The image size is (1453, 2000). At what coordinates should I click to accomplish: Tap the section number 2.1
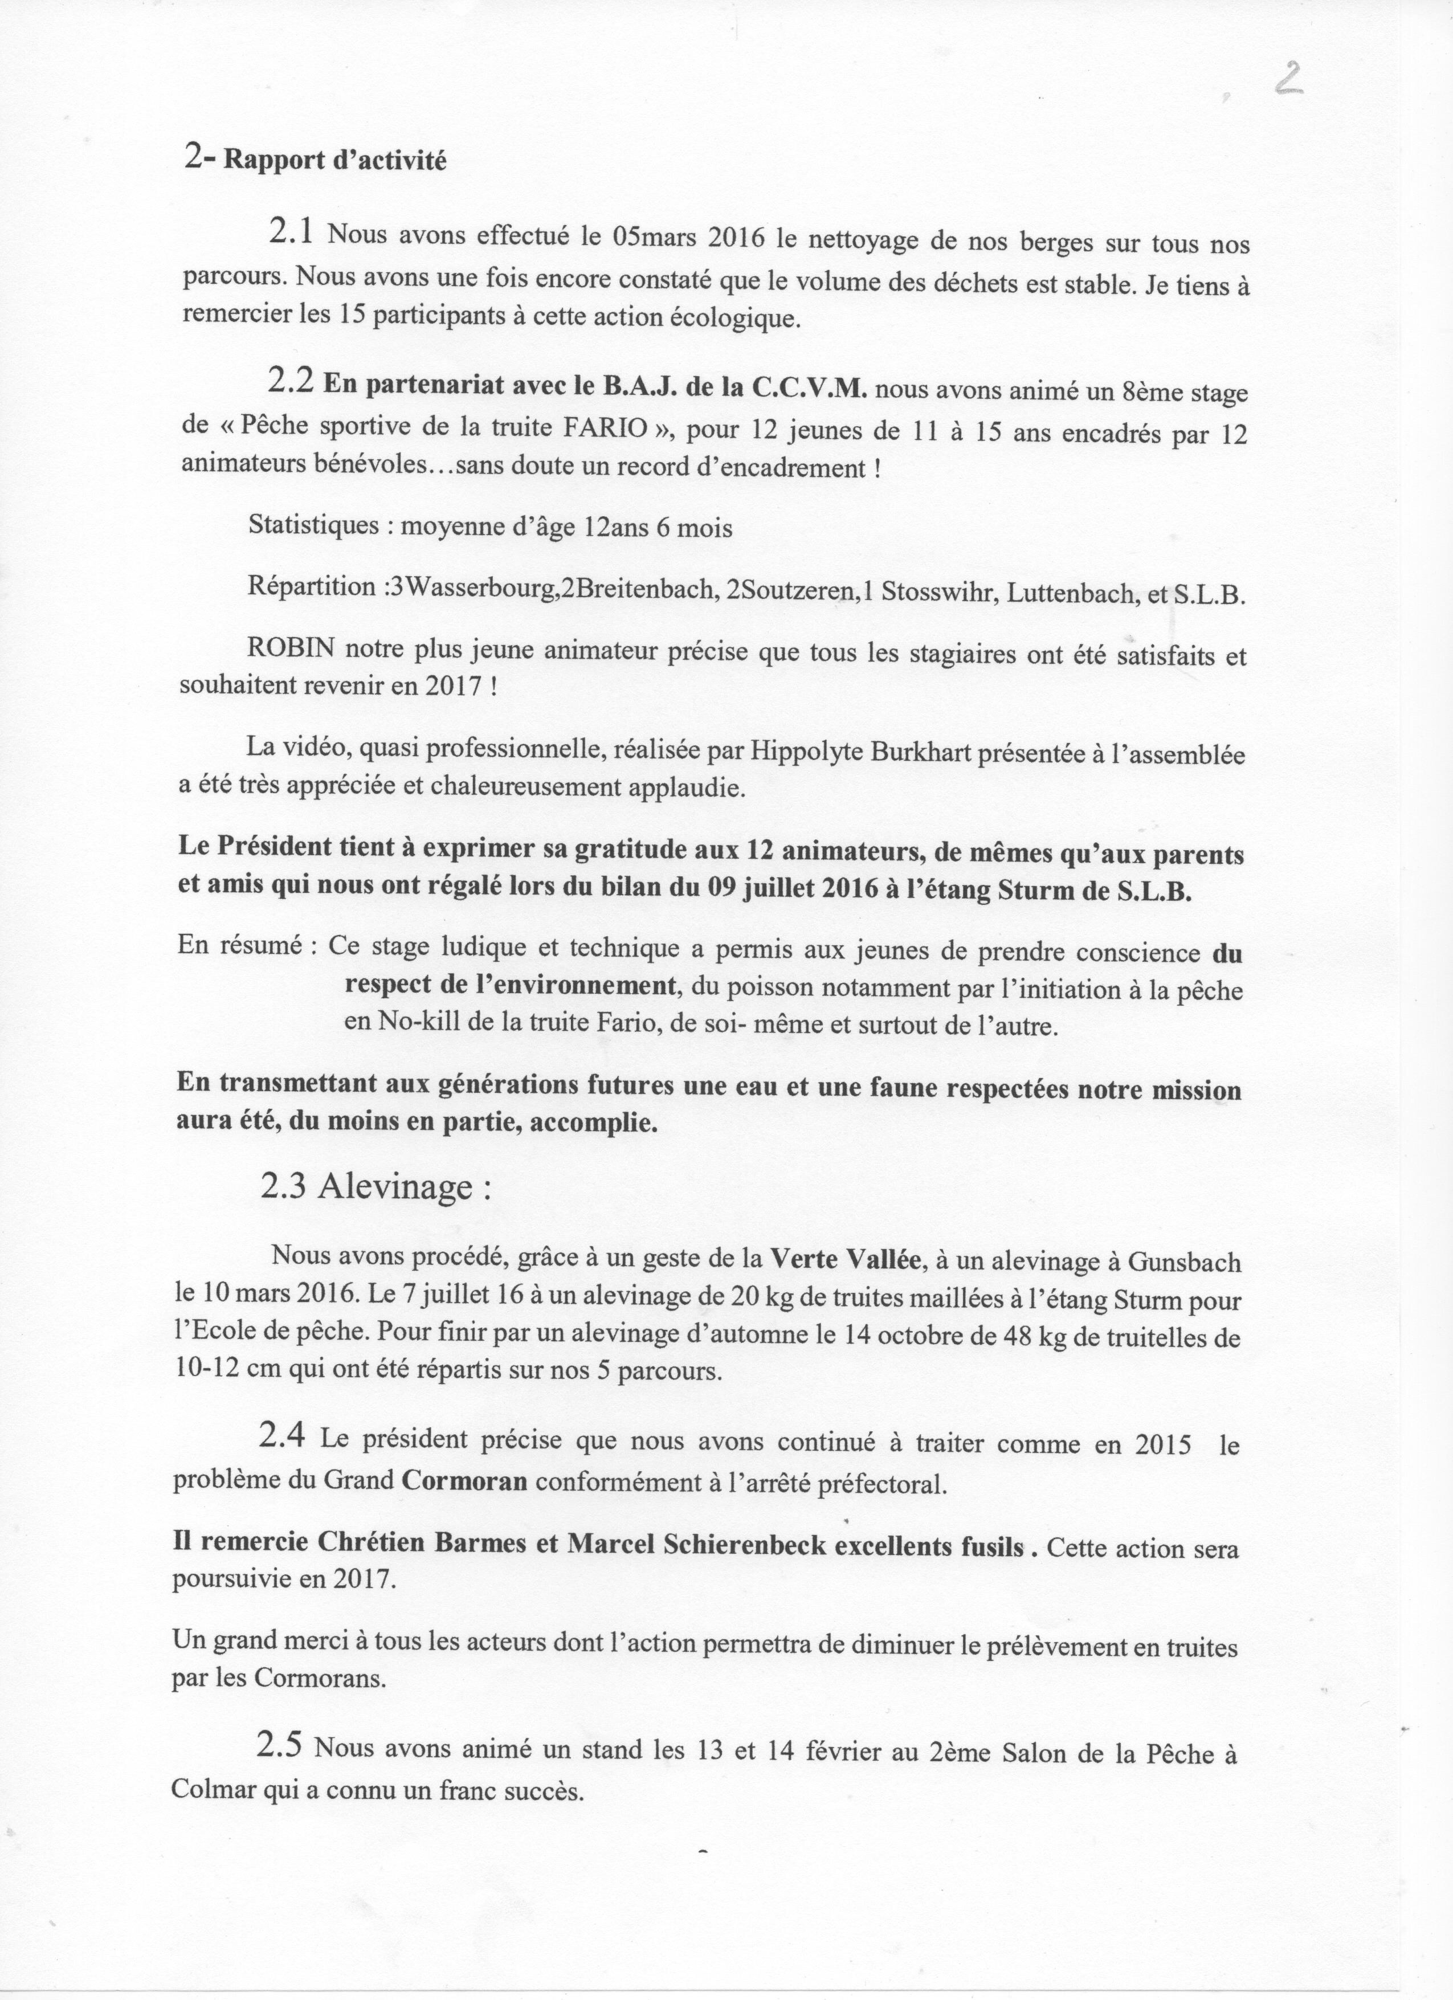tap(290, 233)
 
